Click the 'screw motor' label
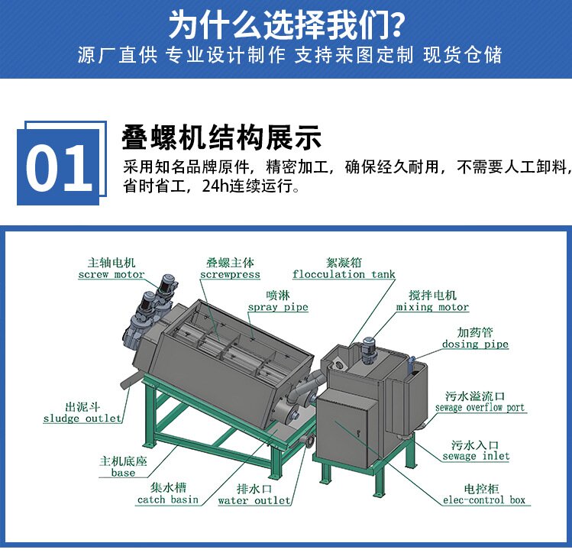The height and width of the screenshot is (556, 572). point(111,274)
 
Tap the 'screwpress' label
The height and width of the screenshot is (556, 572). point(230,274)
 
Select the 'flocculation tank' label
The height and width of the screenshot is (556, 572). point(344,274)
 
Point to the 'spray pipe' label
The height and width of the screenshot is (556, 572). point(278,307)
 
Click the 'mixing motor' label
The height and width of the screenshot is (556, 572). point(432,307)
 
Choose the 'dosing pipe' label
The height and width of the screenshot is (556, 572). point(475,344)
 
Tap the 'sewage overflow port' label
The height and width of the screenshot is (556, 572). point(480,408)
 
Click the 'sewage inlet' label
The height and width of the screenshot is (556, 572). point(476,456)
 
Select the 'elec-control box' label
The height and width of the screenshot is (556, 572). point(484,499)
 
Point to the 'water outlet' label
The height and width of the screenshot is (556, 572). point(254,500)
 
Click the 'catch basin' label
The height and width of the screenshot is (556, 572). point(168,499)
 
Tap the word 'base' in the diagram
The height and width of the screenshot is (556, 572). point(123,473)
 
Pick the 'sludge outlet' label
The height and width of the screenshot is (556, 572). point(82,419)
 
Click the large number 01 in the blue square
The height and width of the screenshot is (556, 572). point(58,167)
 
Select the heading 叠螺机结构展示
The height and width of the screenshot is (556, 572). point(221,137)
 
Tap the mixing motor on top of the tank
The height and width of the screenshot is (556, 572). point(368,350)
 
